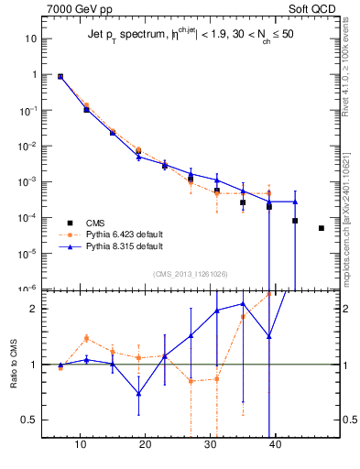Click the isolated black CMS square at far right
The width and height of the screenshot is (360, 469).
pyautogui.click(x=322, y=228)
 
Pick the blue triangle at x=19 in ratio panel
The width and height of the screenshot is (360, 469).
pyautogui.click(x=139, y=393)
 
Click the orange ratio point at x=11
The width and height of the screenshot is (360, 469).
pyautogui.click(x=87, y=338)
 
